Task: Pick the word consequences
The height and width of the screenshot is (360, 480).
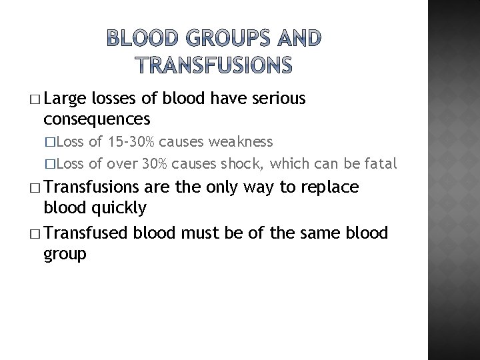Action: tap(96, 119)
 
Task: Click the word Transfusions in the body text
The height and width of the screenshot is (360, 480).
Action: tap(91, 187)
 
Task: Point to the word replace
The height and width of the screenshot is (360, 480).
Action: tap(331, 187)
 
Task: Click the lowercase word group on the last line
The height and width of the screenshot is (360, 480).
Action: tap(65, 254)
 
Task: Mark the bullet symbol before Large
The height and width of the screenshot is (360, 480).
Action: tap(35, 100)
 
